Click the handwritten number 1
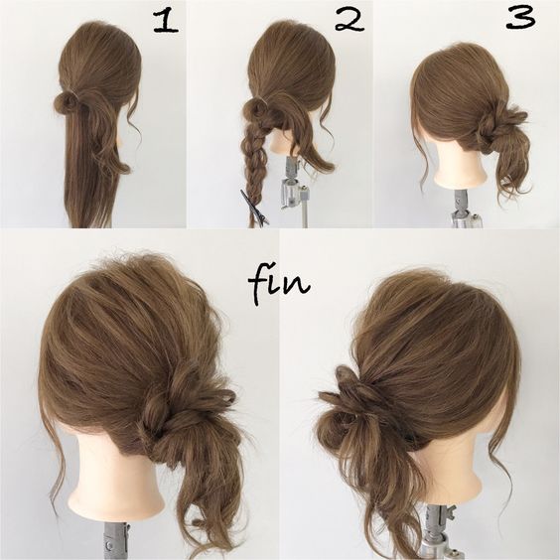click(165, 21)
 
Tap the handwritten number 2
click(349, 20)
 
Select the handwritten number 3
click(520, 18)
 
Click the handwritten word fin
click(278, 284)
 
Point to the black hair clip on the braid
click(254, 209)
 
